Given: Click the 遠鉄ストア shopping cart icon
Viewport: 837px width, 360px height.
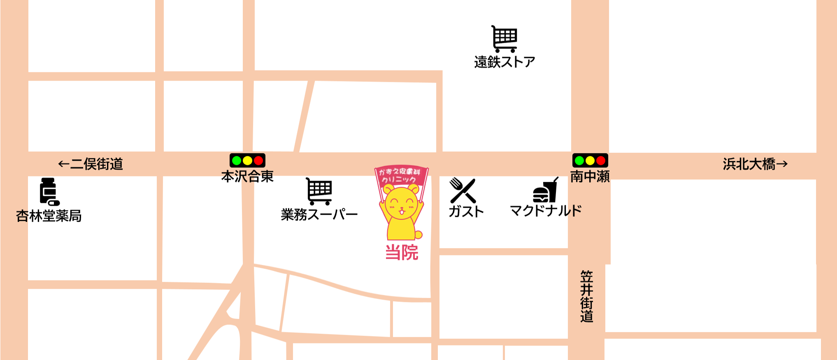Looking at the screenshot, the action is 505,39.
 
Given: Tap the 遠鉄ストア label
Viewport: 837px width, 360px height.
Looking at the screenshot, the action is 505,62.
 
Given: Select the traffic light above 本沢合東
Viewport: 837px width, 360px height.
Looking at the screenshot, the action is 247,160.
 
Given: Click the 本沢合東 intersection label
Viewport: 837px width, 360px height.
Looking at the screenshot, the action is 247,177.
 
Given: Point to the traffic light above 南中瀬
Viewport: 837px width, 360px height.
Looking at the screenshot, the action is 590,160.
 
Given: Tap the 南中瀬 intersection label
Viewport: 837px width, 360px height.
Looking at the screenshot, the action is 590,177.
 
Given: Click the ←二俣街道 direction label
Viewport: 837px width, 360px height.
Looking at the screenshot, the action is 91,164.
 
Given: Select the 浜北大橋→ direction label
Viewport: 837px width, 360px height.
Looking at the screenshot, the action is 755,164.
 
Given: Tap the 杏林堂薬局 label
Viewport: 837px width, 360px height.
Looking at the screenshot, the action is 49,216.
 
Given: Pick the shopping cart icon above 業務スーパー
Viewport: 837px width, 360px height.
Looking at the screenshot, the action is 319,191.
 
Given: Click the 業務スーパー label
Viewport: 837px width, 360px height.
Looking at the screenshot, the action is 319,214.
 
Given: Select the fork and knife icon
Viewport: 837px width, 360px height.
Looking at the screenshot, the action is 463,190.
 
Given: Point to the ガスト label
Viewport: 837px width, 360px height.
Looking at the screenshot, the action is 466,211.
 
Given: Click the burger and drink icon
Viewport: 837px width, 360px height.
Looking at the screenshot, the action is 546,190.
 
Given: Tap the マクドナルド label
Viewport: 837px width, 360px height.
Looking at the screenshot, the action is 546,211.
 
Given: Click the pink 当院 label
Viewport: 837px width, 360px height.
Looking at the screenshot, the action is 402,252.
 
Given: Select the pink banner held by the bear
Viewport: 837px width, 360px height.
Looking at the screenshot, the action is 401,176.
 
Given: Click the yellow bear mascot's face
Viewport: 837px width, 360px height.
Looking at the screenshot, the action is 401,204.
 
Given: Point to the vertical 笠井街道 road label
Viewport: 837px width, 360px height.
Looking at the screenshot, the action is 587,296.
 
